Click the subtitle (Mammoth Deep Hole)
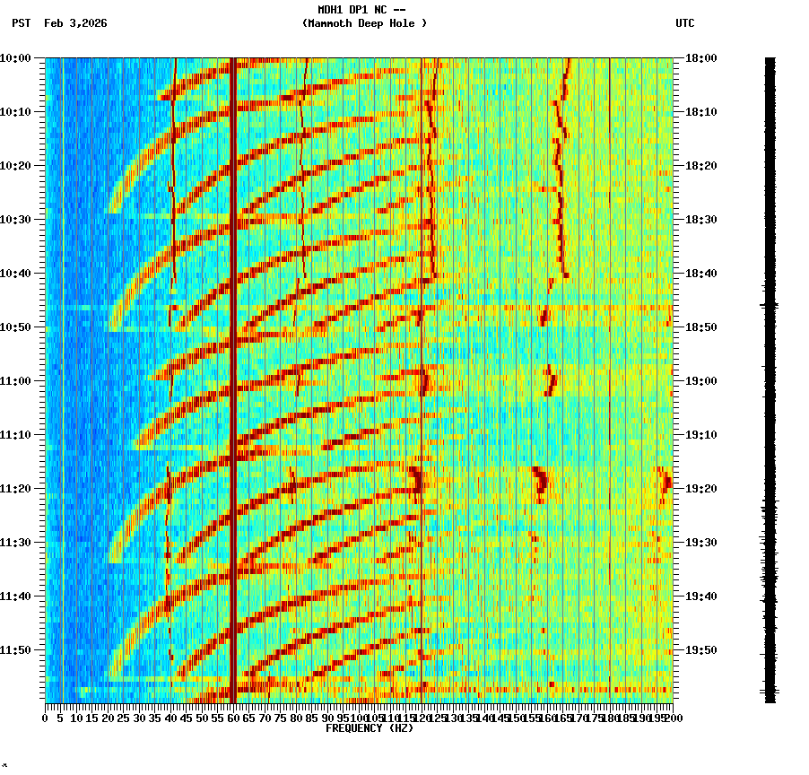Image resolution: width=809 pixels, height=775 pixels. (364, 23)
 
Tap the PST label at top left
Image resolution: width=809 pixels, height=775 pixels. (22, 23)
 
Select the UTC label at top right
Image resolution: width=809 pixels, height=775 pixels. (684, 23)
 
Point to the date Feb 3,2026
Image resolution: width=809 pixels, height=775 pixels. (75, 23)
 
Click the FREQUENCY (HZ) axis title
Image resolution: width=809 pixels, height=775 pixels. (370, 728)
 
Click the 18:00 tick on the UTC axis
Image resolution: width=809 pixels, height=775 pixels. (700, 58)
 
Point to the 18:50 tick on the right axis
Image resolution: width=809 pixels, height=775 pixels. (700, 327)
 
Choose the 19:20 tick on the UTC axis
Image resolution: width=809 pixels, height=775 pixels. (700, 489)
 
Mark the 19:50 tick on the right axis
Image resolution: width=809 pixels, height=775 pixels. (700, 650)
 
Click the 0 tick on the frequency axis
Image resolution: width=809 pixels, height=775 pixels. (46, 718)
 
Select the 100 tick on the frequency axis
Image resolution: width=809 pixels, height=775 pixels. (358, 718)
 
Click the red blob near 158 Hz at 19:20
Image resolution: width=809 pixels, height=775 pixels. (540, 483)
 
